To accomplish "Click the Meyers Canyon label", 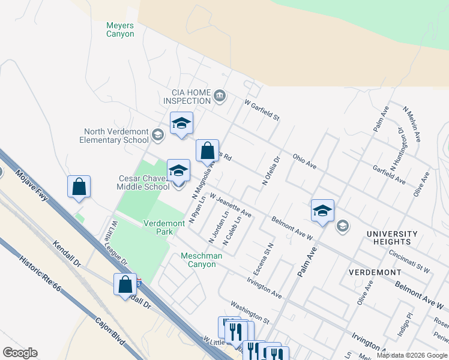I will (x=120, y=29).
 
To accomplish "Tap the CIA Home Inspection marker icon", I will (x=220, y=96).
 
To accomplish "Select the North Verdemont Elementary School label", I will (x=116, y=136).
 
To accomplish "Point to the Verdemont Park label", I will (x=164, y=227).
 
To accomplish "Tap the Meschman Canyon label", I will (x=202, y=260).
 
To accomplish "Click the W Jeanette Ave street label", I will (x=231, y=205).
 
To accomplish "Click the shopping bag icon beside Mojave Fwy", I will (x=79, y=187).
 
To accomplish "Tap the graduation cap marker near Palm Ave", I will (x=322, y=211).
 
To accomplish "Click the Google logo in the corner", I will (x=20, y=353).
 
